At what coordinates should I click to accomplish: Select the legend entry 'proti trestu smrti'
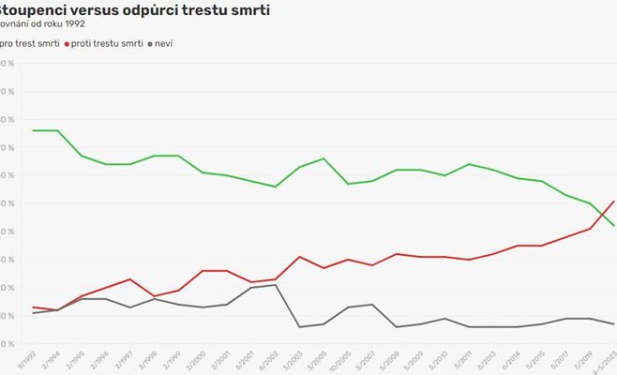(107, 43)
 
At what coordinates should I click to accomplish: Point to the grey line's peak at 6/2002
(275, 284)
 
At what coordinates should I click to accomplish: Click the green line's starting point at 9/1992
(33, 130)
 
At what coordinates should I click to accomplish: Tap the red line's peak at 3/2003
(299, 257)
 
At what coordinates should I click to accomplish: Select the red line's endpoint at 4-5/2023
(614, 201)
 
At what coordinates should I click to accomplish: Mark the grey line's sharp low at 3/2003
(299, 326)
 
